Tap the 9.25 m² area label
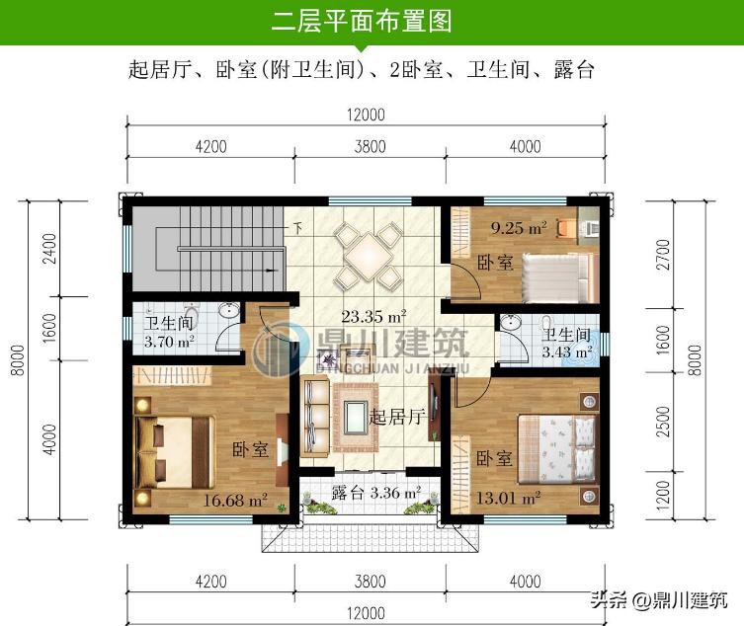520,228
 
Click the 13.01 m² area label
507,497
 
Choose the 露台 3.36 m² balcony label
375,491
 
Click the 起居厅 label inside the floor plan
396,418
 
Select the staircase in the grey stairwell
207,247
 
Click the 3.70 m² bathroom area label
169,343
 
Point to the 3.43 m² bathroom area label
566,351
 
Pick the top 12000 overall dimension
366,115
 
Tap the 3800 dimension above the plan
370,147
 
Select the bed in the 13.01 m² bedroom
559,445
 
